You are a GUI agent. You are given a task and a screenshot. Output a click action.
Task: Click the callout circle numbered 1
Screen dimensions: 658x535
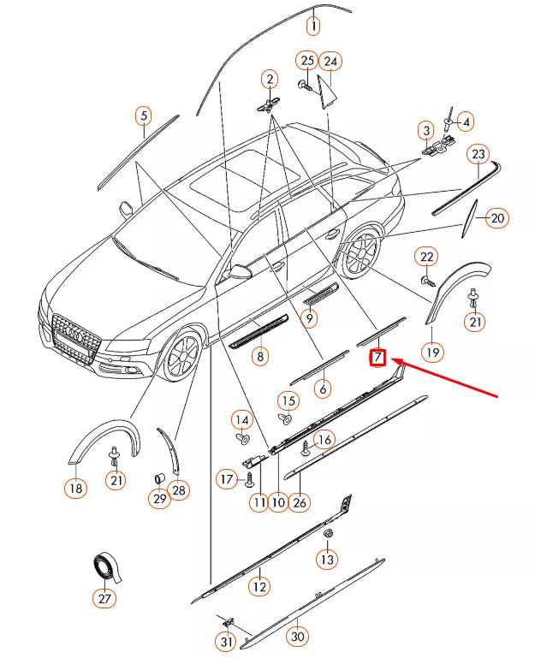coord(313,27)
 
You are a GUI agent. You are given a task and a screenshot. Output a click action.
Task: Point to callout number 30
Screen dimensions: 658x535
coord(297,636)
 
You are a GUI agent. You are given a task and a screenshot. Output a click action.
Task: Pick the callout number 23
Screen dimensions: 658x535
coord(478,154)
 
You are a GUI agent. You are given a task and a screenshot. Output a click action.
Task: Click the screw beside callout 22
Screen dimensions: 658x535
coord(426,279)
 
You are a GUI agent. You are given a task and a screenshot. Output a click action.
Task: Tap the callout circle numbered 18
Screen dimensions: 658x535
coord(75,489)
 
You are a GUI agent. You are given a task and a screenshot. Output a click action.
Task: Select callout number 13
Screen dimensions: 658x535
coord(327,560)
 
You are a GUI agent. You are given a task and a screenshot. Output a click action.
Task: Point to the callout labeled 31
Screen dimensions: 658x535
coord(225,642)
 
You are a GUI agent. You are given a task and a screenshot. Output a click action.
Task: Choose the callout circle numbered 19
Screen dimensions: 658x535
coord(433,352)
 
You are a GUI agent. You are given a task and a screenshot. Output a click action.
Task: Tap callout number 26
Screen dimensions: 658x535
coord(299,502)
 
